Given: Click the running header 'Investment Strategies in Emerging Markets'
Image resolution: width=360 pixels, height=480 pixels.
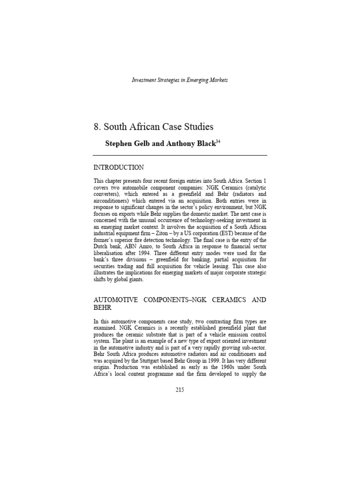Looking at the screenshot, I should (x=180, y=80).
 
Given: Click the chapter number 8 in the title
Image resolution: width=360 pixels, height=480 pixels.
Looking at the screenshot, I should (x=96, y=127).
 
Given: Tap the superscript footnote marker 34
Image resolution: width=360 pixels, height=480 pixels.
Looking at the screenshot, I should (x=217, y=141).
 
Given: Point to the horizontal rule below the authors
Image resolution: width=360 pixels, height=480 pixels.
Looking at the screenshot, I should (x=180, y=155).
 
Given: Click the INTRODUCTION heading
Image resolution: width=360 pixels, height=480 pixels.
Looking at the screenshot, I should (x=119, y=167).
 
